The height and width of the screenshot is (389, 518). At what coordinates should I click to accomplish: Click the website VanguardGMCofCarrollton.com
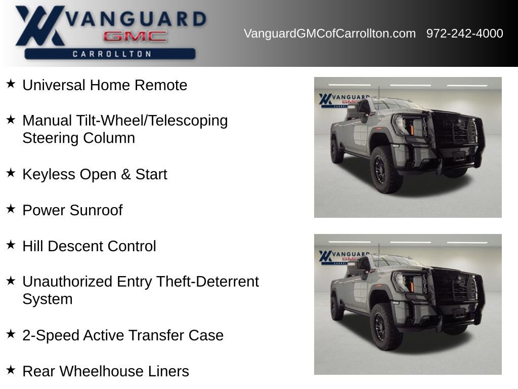[329, 33]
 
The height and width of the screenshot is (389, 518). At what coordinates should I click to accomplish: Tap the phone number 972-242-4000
[464, 33]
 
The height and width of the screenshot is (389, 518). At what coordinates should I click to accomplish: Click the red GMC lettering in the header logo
[135, 36]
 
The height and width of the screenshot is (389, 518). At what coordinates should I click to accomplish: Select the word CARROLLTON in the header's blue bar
[112, 54]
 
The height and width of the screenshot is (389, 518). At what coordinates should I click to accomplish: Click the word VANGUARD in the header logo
[136, 19]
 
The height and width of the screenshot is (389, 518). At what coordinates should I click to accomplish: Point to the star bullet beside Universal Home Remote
[11, 84]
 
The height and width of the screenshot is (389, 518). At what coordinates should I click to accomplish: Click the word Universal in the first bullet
[54, 85]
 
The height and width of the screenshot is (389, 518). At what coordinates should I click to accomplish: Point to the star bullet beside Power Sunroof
[11, 209]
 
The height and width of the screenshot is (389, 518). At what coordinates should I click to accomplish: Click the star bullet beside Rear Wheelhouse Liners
[11, 370]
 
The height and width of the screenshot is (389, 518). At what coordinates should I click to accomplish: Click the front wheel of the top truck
[386, 170]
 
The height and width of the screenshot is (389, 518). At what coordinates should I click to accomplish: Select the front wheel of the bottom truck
[386, 327]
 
